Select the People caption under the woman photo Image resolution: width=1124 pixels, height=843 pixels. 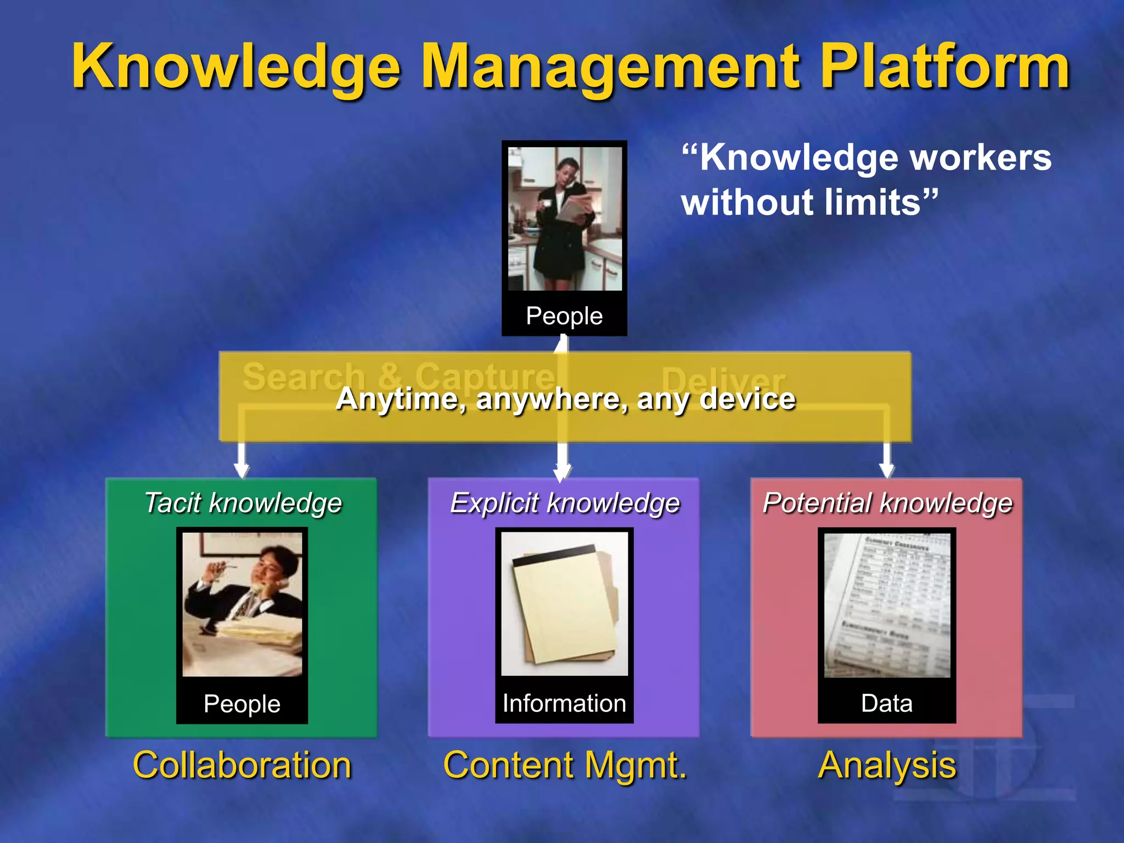(564, 316)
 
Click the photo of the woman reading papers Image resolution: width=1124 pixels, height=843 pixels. (564, 218)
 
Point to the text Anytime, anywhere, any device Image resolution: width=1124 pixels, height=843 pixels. (565, 399)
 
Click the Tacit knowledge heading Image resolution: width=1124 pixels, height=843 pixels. (243, 503)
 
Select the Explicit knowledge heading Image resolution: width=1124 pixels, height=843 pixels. (564, 503)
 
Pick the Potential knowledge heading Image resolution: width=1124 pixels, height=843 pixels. (887, 503)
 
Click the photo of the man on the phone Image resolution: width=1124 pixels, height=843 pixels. (242, 604)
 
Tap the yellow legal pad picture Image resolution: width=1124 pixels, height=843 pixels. (564, 604)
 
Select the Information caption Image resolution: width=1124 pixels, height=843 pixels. (564, 704)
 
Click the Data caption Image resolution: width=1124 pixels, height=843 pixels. (887, 704)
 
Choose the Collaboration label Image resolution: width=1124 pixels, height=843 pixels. (242, 765)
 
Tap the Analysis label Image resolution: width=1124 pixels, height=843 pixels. (887, 765)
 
